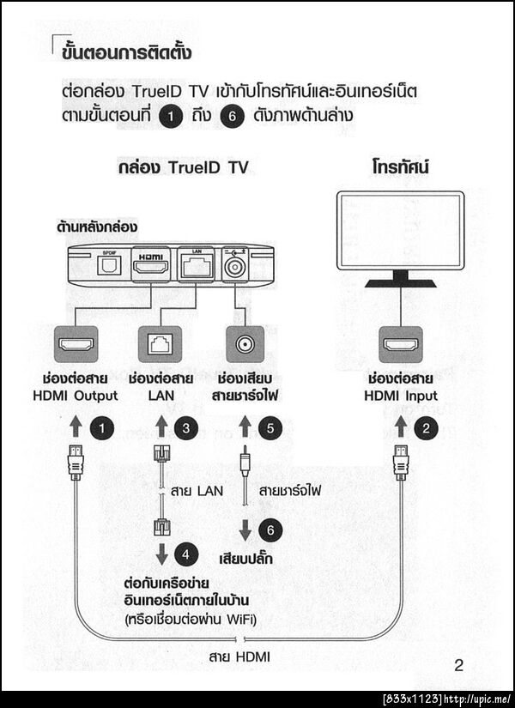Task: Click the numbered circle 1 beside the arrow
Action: pos(104,427)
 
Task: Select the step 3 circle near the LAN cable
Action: pos(185,427)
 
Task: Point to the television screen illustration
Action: pos(400,229)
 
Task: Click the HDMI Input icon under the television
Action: pos(400,345)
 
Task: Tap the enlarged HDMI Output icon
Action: pos(76,346)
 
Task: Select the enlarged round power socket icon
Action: pos(243,346)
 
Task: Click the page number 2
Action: pos(458,664)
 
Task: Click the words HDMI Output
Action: pos(80,396)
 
